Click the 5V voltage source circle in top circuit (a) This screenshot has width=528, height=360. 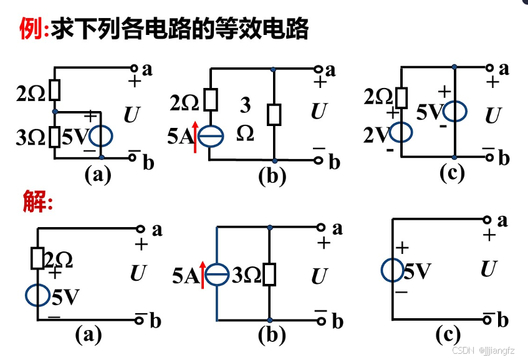[x=100, y=136]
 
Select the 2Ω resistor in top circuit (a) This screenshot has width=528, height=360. [x=55, y=90]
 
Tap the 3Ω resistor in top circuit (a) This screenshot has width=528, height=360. [x=55, y=135]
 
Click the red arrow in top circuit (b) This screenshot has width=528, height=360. [x=196, y=137]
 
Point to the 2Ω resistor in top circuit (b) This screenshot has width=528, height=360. [x=212, y=100]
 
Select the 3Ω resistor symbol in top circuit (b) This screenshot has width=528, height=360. [x=274, y=115]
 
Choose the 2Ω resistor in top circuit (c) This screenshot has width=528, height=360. [x=401, y=97]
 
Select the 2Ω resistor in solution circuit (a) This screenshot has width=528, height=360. [x=39, y=258]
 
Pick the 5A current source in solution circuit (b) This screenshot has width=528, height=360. [x=216, y=274]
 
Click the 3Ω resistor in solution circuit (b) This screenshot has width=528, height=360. [x=269, y=274]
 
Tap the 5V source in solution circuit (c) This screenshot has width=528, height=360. [x=393, y=271]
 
